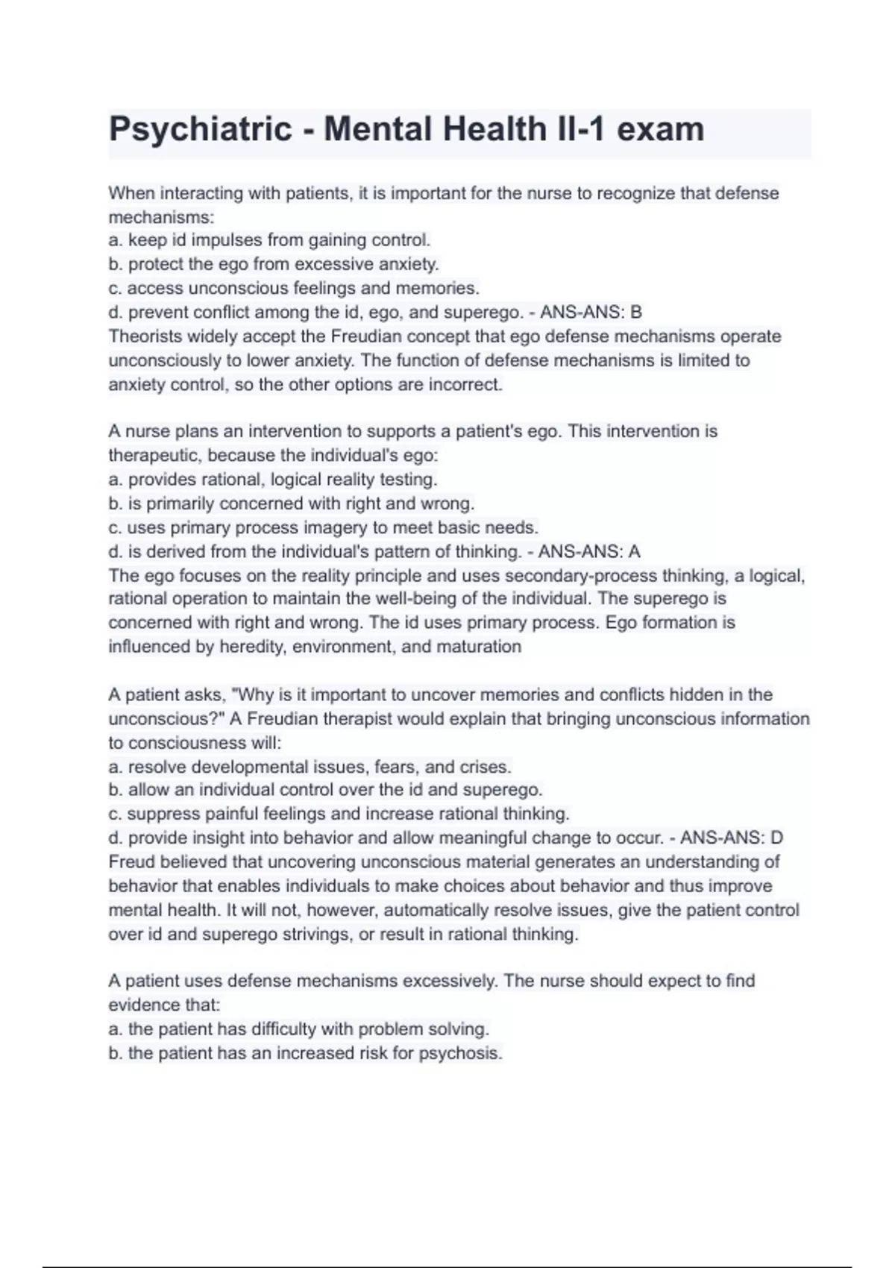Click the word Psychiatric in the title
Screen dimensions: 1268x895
(200, 130)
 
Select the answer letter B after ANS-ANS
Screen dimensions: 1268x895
(635, 312)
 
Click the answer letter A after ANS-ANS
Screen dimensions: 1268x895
(634, 552)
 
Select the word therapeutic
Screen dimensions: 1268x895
(155, 456)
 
